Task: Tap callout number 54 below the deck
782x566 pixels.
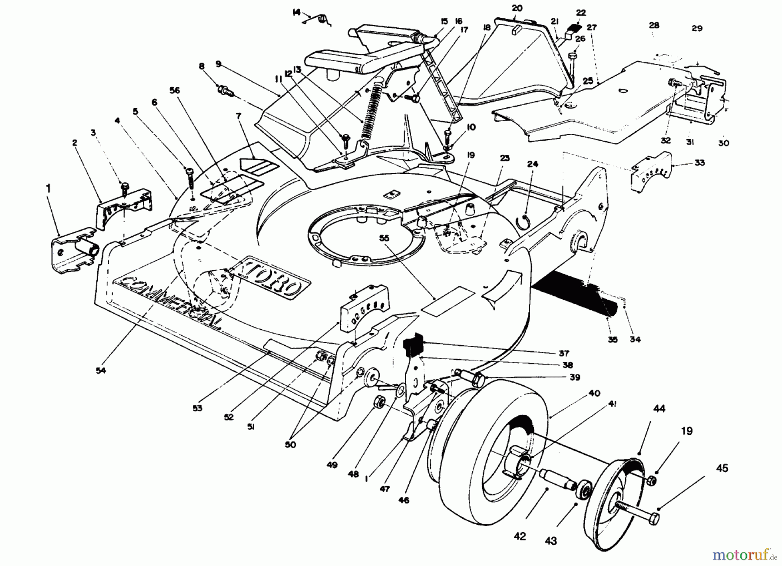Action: coord(101,370)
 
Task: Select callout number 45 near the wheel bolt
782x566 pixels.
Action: coord(722,469)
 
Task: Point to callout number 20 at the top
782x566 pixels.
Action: coord(517,8)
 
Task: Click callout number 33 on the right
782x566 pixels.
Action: coord(699,163)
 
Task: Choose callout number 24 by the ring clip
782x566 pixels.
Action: coord(533,164)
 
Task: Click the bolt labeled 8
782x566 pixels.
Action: coord(225,91)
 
